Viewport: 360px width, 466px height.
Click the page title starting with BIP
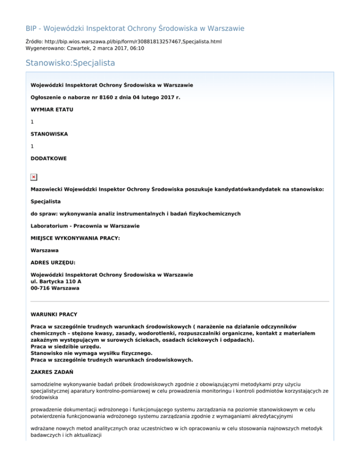pos(135,28)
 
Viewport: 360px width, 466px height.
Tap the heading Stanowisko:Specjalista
pos(70,62)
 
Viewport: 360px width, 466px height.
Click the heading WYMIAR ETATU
pos(52,109)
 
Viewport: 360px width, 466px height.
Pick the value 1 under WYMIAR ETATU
pos(32,121)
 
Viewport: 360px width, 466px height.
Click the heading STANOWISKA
pos(49,134)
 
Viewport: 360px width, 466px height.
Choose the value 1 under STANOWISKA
pos(32,146)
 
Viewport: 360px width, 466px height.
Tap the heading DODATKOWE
pos(48,158)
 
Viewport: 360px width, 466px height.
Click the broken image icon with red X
pos(34,177)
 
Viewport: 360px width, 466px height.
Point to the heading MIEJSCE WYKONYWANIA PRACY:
pos(75,238)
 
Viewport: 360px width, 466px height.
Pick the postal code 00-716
pos(40,288)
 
